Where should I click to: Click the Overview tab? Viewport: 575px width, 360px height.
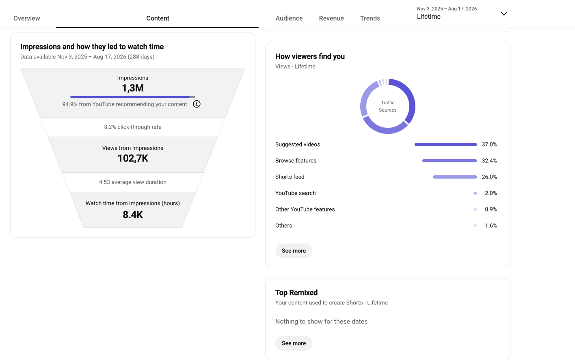(27, 18)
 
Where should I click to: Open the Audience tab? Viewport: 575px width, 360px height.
(289, 18)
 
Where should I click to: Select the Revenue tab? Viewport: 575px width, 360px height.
(331, 18)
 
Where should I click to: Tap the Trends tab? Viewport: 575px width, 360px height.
(370, 18)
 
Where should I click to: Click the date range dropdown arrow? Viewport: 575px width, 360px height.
(504, 14)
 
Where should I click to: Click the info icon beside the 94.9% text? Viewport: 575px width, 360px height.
(197, 104)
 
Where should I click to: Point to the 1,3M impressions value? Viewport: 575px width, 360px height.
(133, 88)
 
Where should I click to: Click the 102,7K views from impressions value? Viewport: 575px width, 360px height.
(133, 158)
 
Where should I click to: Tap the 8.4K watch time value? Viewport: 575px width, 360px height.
(133, 215)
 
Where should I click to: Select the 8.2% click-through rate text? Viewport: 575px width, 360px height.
(133, 127)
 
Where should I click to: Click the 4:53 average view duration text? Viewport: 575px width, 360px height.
(133, 182)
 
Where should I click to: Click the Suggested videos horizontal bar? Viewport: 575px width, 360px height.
(445, 144)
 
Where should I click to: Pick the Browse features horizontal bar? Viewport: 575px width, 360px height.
(450, 161)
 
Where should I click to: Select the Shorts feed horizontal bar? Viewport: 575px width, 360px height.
(455, 177)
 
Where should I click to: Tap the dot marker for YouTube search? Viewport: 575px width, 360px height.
(475, 193)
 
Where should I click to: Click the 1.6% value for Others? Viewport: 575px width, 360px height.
(491, 226)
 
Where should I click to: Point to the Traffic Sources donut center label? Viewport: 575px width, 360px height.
(388, 106)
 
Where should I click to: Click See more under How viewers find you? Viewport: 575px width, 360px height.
(294, 251)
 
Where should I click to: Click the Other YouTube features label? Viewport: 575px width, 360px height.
(305, 209)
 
